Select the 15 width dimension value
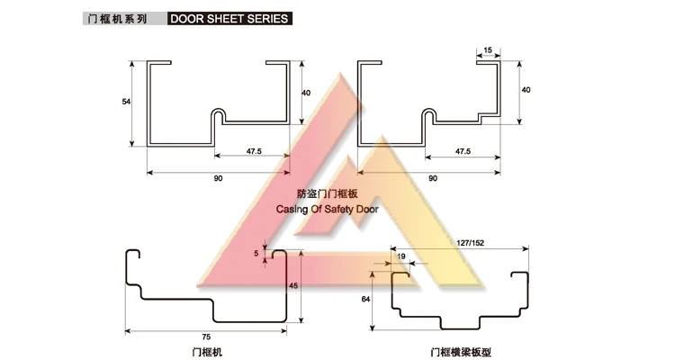tap(487, 49)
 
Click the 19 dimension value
tap(400, 256)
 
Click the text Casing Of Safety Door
tap(327, 210)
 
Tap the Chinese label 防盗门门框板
tap(327, 193)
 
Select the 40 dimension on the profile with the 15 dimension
tap(526, 90)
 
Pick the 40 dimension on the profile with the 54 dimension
tap(306, 93)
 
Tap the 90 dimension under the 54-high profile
tap(218, 179)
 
